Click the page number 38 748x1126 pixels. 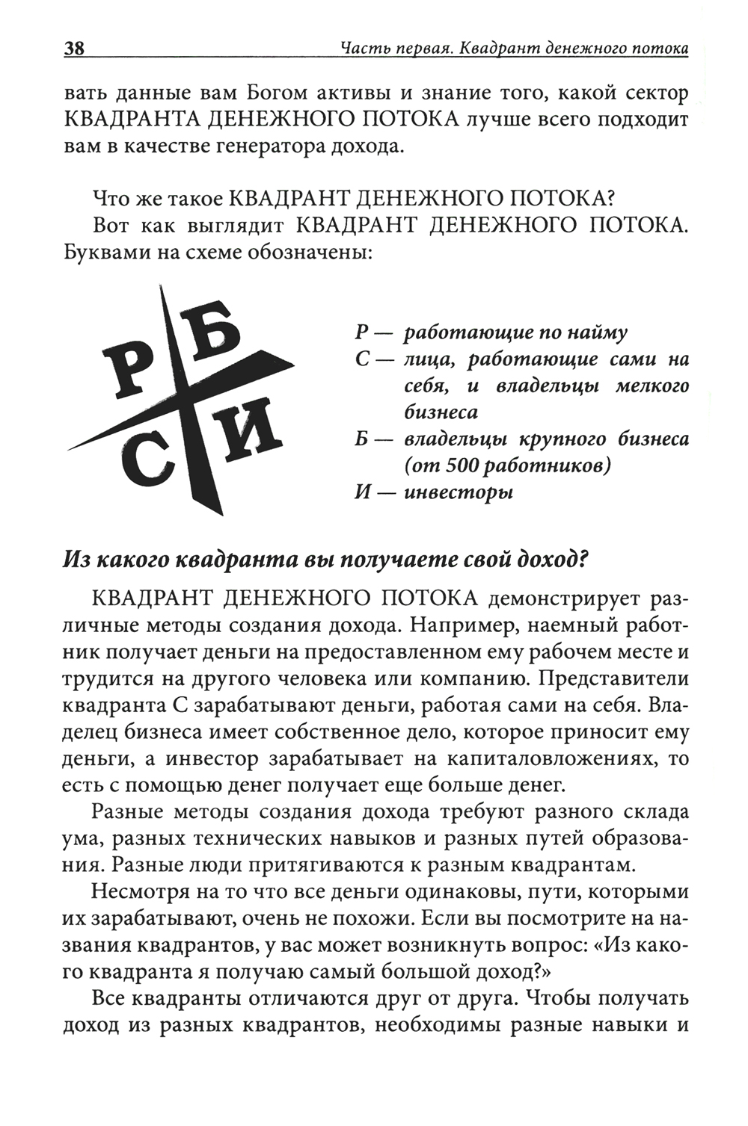coord(74,49)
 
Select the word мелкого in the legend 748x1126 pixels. coord(651,386)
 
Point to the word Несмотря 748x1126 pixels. coord(142,892)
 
